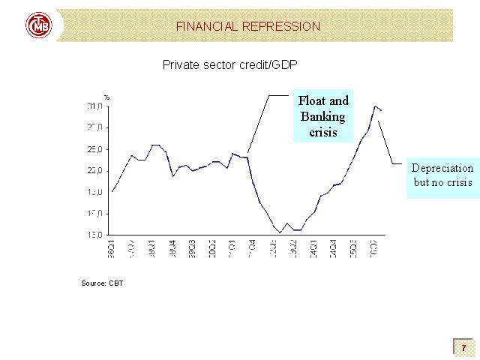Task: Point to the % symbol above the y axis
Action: coord(106,96)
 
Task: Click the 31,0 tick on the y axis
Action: coord(92,106)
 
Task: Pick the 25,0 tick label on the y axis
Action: coord(92,149)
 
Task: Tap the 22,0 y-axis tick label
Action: coord(92,171)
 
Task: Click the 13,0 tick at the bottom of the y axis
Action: coord(92,235)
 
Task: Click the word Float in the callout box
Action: coord(313,100)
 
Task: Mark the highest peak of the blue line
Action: coord(375,106)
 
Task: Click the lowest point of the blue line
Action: coord(280,232)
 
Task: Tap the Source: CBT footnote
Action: coord(102,283)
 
